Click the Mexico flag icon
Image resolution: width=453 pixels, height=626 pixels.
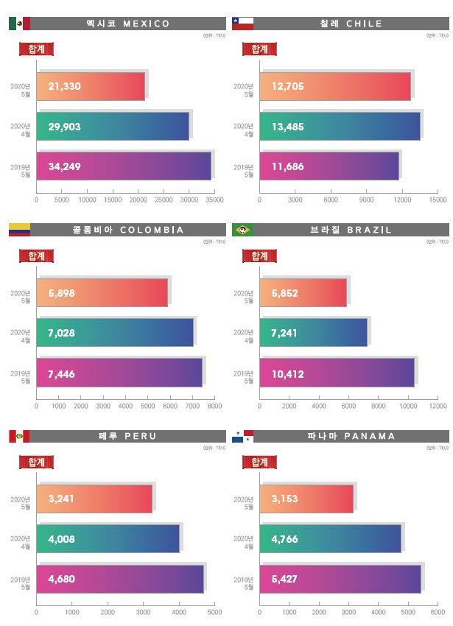coord(19,24)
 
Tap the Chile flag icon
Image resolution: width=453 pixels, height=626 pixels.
coord(242,24)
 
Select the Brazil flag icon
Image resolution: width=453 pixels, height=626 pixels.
coord(242,230)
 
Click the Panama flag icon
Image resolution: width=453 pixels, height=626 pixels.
coord(242,437)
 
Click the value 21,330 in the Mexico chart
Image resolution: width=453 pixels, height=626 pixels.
coord(64,87)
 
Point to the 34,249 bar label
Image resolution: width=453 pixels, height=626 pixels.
coord(64,166)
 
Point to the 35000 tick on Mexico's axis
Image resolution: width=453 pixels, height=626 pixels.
coord(214,200)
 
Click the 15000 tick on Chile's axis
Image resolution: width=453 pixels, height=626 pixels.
coord(438,200)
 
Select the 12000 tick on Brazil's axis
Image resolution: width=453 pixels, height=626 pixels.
coord(438,406)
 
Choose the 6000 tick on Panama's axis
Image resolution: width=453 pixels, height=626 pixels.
coord(438,612)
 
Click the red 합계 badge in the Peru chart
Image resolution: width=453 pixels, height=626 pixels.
coord(36,463)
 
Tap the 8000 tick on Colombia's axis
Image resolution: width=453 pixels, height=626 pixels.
coord(214,406)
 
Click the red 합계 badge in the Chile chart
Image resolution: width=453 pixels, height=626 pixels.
coord(259,49)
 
